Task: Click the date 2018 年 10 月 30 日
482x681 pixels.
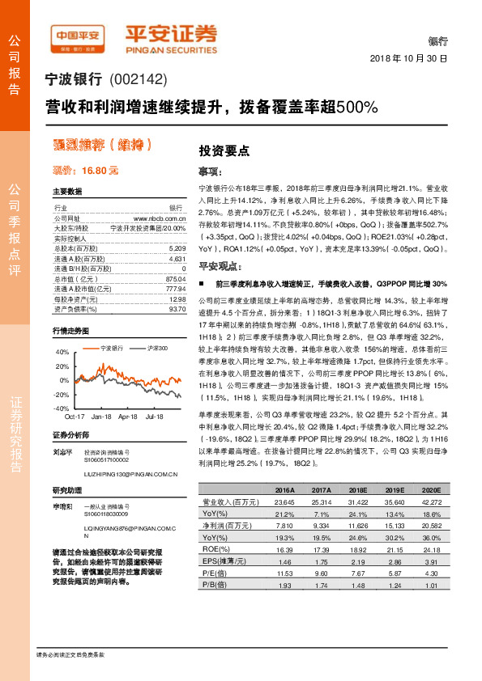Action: click(x=409, y=59)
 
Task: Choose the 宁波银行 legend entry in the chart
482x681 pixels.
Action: click(x=110, y=348)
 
